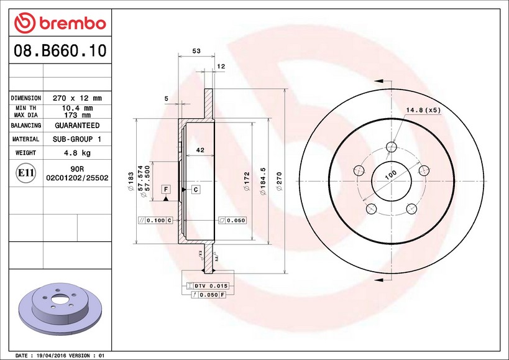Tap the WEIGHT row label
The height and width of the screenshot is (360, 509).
25,152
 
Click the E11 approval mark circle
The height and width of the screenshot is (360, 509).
25,173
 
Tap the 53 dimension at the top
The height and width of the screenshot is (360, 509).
196,52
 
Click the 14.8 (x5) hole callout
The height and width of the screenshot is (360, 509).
423,111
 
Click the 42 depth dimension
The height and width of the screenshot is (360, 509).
200,150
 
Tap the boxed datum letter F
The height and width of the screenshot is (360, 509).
166,189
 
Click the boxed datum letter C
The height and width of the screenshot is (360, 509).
195,189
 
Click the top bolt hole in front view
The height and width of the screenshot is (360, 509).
391,147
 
